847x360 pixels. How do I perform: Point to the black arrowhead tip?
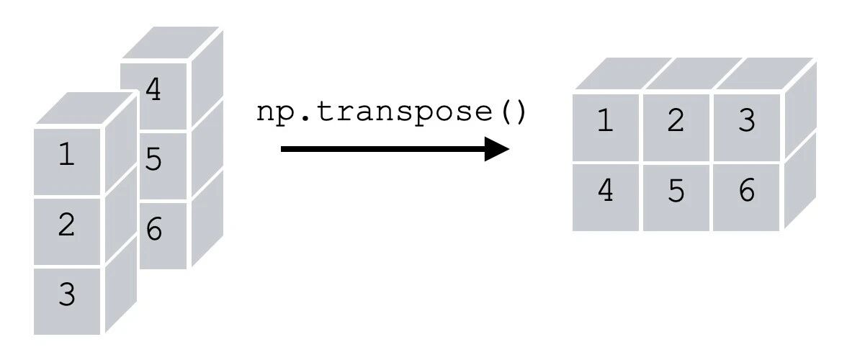(x=509, y=149)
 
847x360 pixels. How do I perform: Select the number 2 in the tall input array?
(x=66, y=225)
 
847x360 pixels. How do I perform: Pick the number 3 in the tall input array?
(x=66, y=294)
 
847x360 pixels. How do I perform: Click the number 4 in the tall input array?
(x=153, y=90)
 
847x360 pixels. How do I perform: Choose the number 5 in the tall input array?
(x=153, y=161)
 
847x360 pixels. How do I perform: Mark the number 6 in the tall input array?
(x=154, y=230)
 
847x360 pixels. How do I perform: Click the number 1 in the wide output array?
(x=606, y=121)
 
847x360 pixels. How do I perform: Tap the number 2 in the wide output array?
(x=676, y=121)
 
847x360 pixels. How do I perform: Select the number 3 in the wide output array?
(x=746, y=121)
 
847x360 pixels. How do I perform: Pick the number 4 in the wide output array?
(x=606, y=191)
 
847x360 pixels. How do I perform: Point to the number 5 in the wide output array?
(x=676, y=192)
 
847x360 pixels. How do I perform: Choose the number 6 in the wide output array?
(x=746, y=192)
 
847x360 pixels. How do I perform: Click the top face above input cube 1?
(x=84, y=108)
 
